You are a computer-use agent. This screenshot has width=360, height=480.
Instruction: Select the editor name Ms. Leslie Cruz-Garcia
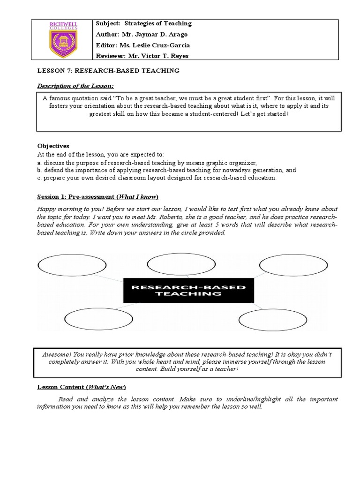click(x=156, y=45)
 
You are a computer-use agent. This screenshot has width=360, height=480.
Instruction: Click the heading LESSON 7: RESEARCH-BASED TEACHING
click(x=108, y=71)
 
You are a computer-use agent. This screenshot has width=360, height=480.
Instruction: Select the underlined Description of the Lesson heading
click(x=75, y=86)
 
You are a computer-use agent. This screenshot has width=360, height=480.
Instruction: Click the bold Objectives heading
click(x=53, y=146)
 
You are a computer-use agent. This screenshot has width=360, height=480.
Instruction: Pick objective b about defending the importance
click(x=166, y=170)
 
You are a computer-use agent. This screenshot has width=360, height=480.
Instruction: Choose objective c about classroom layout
click(x=157, y=178)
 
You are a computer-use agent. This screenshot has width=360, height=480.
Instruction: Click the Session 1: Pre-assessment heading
click(x=98, y=196)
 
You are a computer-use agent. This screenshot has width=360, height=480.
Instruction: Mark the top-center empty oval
click(x=174, y=262)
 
